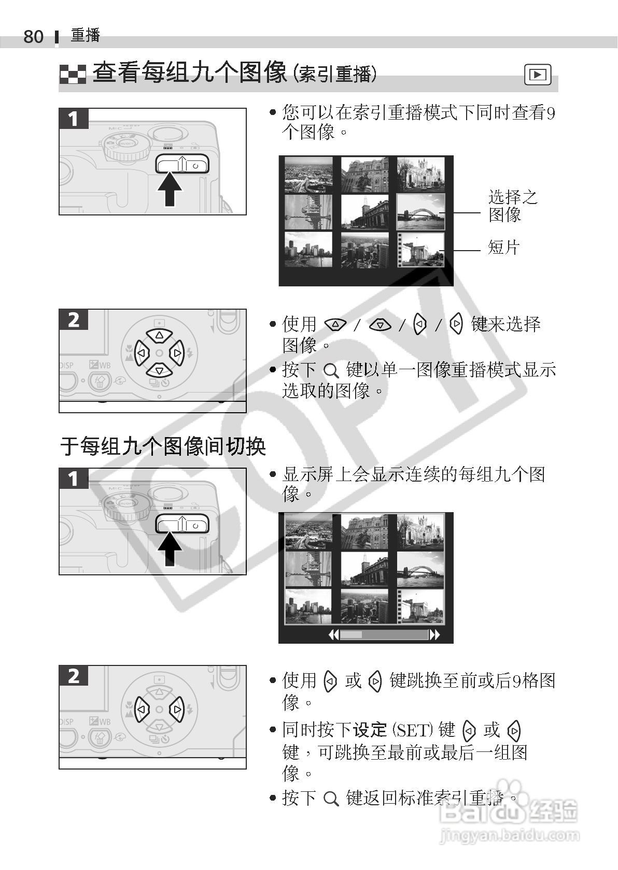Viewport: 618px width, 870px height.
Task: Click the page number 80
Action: pyautogui.click(x=34, y=37)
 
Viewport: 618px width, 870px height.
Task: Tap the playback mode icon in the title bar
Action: pyautogui.click(x=538, y=74)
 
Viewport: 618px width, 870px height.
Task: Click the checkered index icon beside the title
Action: pyautogui.click(x=73, y=74)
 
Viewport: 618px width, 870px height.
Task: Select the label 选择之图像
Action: pyautogui.click(x=513, y=206)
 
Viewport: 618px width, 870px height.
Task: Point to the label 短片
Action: pyautogui.click(x=503, y=248)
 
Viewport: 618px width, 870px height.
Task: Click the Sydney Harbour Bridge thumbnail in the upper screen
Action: pyautogui.click(x=420, y=212)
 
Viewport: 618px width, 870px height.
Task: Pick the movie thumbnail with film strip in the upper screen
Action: pyautogui.click(x=420, y=250)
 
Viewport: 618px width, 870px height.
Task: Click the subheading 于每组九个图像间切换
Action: pyautogui.click(x=163, y=446)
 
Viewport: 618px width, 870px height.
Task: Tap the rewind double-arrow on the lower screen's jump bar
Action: pyautogui.click(x=334, y=635)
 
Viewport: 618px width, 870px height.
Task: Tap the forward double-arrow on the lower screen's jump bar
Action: pyautogui.click(x=434, y=635)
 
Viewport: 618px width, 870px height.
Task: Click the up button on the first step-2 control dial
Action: pyautogui.click(x=159, y=335)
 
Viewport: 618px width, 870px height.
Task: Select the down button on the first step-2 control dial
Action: pyautogui.click(x=159, y=370)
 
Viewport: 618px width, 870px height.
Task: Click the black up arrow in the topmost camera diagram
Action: pyautogui.click(x=170, y=190)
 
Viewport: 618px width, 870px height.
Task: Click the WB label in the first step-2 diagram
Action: pyautogui.click(x=105, y=365)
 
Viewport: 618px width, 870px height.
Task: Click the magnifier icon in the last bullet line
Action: pyautogui.click(x=331, y=799)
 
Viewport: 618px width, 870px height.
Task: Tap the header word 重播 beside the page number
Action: pyautogui.click(x=86, y=35)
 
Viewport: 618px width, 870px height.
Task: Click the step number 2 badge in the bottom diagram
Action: pyautogui.click(x=74, y=676)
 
